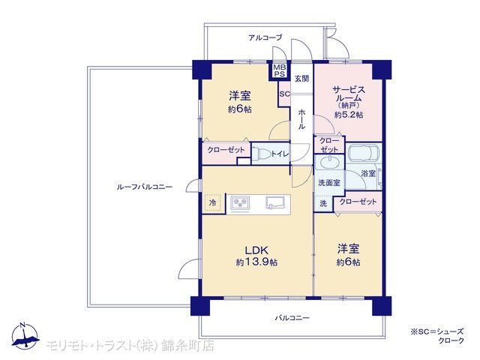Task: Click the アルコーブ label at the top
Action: (265, 37)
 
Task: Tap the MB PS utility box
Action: (279, 70)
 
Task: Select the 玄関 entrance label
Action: (301, 79)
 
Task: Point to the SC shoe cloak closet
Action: (284, 94)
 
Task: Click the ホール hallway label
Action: (301, 118)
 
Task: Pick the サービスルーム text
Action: (349, 94)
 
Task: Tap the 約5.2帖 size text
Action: (349, 115)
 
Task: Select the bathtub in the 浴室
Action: (364, 152)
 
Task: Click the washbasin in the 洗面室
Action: (330, 163)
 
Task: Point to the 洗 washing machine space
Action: (323, 203)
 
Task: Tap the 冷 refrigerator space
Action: (212, 202)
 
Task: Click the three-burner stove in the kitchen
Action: (240, 203)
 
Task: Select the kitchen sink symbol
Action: (275, 202)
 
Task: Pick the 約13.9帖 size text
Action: (256, 262)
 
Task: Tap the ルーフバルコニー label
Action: (145, 187)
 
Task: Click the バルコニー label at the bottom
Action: (292, 318)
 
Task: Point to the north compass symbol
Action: (25, 336)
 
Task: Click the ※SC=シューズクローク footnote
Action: (437, 336)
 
